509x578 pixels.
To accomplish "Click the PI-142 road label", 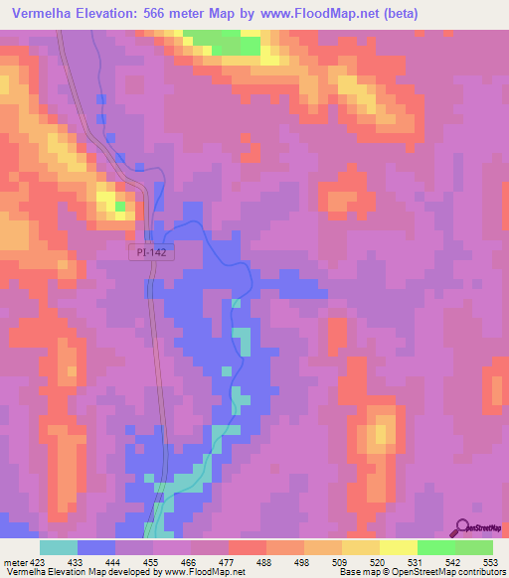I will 153,254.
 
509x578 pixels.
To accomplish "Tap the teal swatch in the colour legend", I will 59,547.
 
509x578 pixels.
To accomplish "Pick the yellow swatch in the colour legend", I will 399,547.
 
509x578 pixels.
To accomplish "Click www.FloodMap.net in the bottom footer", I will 202,572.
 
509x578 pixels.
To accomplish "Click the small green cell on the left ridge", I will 120,207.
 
